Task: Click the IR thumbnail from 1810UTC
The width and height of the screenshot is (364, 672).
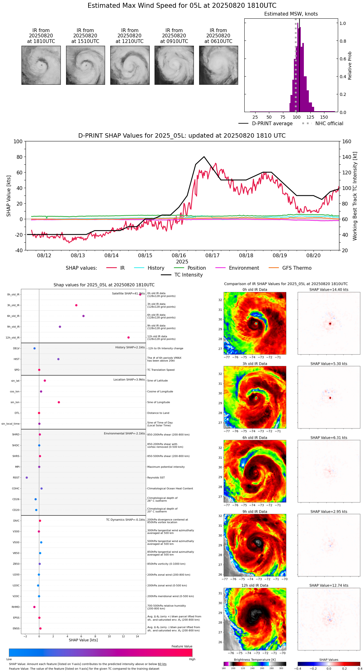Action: (41, 65)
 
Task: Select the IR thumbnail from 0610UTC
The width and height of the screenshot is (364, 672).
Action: (218, 65)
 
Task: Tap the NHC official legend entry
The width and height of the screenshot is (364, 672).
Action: (329, 124)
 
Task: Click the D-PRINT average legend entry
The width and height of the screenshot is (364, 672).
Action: (272, 124)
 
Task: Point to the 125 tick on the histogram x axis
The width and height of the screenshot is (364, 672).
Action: (310, 117)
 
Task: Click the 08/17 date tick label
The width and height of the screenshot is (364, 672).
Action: (212, 256)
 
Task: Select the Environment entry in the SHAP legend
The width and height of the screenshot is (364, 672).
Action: (244, 268)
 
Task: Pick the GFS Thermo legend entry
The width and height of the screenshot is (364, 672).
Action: (297, 268)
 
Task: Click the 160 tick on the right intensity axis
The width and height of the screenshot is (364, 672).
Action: (347, 142)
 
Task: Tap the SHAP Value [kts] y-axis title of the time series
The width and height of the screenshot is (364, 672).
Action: (9, 196)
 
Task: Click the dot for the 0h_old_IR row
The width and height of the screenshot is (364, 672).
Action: (140, 294)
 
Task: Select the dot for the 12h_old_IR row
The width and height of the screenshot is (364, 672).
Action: (128, 338)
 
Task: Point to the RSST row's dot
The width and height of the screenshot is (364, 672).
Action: (27, 478)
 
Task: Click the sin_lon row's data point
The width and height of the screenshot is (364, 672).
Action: (59, 402)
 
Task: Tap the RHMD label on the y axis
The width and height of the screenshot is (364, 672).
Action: (16, 607)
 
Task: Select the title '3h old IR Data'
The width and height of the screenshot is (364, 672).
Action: (255, 364)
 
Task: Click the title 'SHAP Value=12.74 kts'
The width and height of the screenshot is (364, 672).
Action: (329, 585)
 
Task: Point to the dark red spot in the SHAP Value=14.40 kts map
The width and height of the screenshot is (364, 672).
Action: (330, 324)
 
